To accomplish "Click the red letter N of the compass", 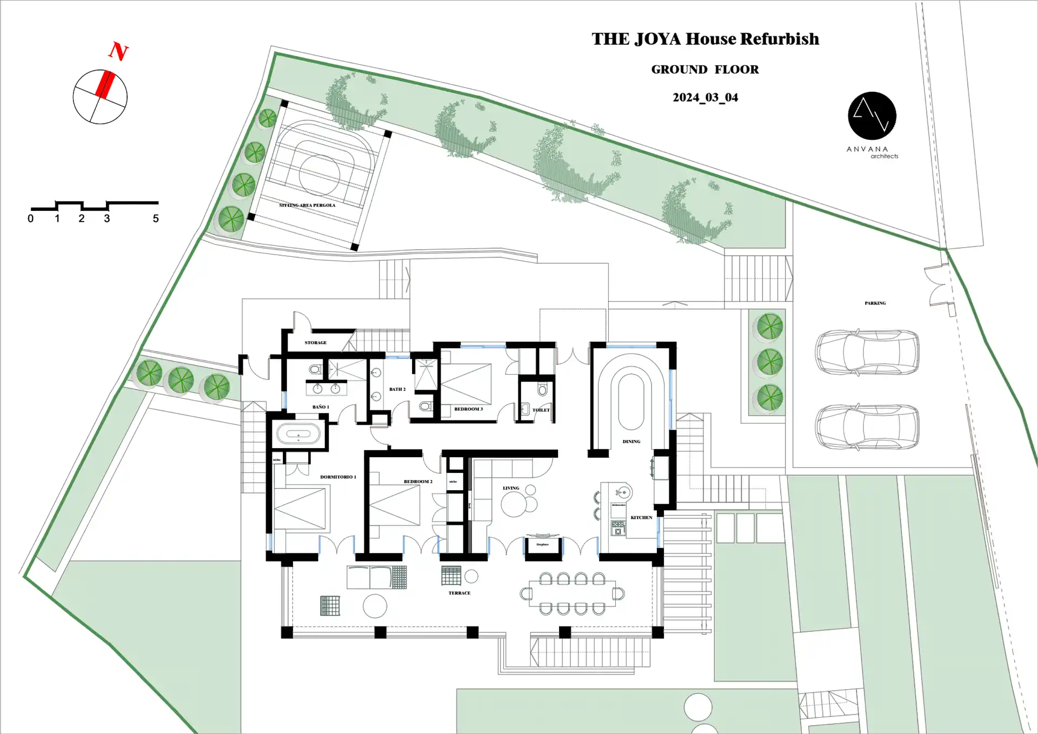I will coord(118,51).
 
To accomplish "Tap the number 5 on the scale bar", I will coord(156,218).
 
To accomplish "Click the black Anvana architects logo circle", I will coord(871,116).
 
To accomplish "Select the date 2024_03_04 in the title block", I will coord(705,97).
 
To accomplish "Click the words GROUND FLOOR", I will coord(704,69).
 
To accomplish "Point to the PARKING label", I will coord(875,303).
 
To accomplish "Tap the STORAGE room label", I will coord(315,343).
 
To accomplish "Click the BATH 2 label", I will coord(397,389).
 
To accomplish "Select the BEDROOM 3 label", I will coord(468,409).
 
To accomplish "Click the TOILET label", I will coord(541,410).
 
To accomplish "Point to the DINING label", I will coord(631,442).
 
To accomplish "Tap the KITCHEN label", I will coord(641,517).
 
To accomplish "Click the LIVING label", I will coord(510,488).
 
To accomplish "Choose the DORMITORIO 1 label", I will coord(338,477).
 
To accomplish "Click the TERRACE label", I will coord(459,593).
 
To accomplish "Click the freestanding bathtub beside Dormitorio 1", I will coord(298,434).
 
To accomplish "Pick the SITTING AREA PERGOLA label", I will coord(307,205).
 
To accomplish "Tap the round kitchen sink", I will coord(624,492).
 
